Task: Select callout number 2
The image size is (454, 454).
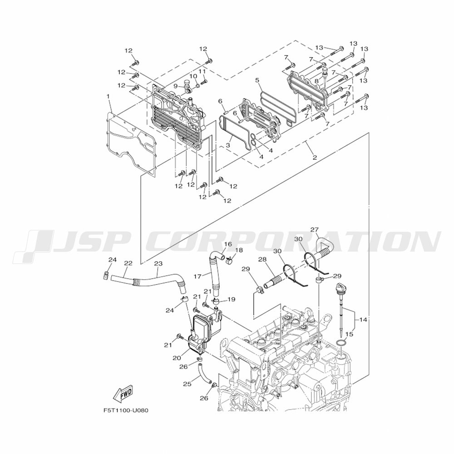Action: (315, 158)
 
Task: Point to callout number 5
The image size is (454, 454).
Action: (257, 80)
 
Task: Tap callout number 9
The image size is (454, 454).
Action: (175, 86)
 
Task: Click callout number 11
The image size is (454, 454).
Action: (202, 71)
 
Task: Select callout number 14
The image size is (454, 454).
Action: (363, 320)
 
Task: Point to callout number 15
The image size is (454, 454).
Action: (349, 334)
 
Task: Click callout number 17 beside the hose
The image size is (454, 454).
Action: (197, 276)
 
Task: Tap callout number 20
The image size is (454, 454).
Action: (177, 358)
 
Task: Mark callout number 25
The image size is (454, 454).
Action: (187, 384)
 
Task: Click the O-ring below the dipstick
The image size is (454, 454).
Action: (341, 344)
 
